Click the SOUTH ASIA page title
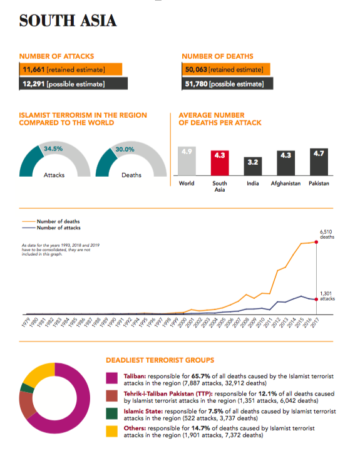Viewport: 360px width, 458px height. [x=68, y=21]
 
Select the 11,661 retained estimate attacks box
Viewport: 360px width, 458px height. [x=71, y=70]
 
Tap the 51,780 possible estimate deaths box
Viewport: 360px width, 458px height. [x=227, y=84]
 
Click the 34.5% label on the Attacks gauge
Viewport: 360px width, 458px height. [x=53, y=148]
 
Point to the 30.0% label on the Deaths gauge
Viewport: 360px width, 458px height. [x=125, y=149]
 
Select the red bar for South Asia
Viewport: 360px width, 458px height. [x=220, y=163]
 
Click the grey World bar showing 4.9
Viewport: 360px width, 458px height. [x=187, y=161]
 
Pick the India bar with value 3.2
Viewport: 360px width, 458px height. [x=253, y=166]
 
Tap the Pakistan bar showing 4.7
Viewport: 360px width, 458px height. [x=319, y=162]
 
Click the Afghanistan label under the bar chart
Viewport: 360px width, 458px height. [x=285, y=184]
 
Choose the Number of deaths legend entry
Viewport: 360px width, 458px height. [x=51, y=221]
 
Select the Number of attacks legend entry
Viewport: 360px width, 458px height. [x=51, y=228]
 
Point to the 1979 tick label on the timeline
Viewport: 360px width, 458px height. [x=26, y=322]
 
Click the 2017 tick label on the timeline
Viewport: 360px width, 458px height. [x=314, y=323]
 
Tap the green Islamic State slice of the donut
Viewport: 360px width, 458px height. [x=27, y=388]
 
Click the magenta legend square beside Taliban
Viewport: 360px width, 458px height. [x=112, y=378]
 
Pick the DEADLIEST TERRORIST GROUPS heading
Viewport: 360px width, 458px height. [x=160, y=360]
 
